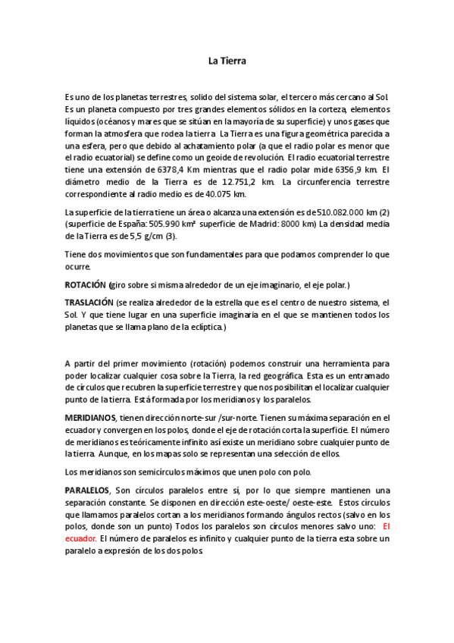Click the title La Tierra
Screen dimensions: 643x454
(x=227, y=61)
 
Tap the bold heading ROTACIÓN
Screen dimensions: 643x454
(x=86, y=285)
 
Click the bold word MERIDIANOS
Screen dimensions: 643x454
(x=90, y=417)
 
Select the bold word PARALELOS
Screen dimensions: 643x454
(x=87, y=491)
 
